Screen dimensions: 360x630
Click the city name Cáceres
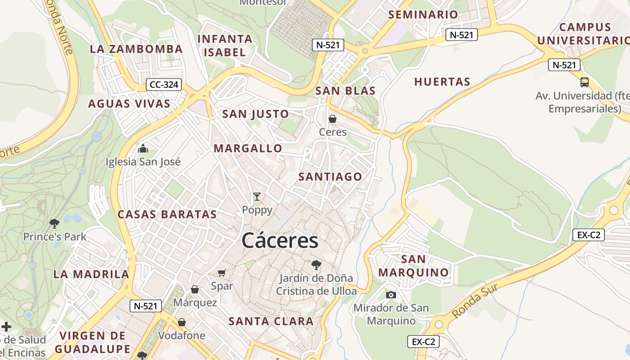pyautogui.click(x=280, y=241)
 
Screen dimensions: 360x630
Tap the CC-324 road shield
pyautogui.click(x=164, y=85)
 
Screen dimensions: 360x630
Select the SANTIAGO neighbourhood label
pyautogui.click(x=330, y=177)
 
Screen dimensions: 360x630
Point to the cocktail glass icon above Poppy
pyautogui.click(x=257, y=196)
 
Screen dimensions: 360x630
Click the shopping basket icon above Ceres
pyautogui.click(x=333, y=119)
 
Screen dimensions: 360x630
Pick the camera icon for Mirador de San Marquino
pyautogui.click(x=391, y=295)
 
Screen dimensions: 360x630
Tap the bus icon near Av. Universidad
pyautogui.click(x=585, y=82)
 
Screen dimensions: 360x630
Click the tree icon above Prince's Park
pyautogui.click(x=54, y=223)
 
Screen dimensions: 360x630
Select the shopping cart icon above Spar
pyautogui.click(x=221, y=273)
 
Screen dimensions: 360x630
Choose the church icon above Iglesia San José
pyautogui.click(x=143, y=148)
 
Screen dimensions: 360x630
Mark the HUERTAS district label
pyautogui.click(x=442, y=82)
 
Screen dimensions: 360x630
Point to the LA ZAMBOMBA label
pyautogui.click(x=136, y=49)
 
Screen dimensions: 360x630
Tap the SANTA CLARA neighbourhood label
pyautogui.click(x=271, y=321)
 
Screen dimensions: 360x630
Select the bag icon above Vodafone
pyautogui.click(x=182, y=322)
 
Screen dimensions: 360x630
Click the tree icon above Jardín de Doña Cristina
pyautogui.click(x=316, y=264)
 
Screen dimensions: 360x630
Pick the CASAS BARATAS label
pyautogui.click(x=167, y=215)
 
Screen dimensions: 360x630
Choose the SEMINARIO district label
pyautogui.click(x=423, y=14)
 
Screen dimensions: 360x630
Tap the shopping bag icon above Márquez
pyautogui.click(x=195, y=289)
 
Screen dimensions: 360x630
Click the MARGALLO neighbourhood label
pyautogui.click(x=248, y=148)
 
